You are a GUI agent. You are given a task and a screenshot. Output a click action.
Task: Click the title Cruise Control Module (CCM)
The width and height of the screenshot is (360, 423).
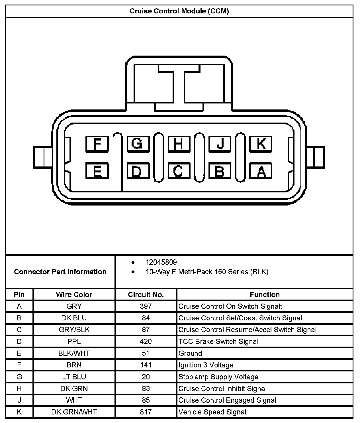tap(179, 11)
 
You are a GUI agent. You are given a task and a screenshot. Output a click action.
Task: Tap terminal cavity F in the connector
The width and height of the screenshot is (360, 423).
tap(97, 144)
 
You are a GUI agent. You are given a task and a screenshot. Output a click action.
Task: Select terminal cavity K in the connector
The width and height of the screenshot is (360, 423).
tap(261, 144)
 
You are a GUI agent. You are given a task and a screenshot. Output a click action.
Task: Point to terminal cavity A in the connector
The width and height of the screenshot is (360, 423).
tap(261, 171)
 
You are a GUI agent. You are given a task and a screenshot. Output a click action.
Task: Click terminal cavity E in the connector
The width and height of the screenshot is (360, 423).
tap(97, 171)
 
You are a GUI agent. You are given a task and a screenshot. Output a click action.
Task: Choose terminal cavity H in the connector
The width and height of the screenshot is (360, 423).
tap(179, 144)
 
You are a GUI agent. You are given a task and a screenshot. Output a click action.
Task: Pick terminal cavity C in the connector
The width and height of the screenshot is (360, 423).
tap(179, 171)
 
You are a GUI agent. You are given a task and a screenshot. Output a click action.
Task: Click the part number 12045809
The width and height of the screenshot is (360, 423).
tap(161, 262)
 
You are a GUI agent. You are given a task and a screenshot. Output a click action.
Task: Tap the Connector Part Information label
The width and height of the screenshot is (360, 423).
tap(60, 272)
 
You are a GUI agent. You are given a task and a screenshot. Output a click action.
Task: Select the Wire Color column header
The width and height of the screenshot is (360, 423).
tap(74, 294)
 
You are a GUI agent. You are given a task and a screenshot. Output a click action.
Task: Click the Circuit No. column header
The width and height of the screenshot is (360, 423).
tap(146, 294)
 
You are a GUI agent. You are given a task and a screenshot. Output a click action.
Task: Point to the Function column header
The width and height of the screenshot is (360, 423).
tap(265, 294)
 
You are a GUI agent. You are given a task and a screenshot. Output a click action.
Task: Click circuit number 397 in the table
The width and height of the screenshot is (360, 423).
tap(146, 306)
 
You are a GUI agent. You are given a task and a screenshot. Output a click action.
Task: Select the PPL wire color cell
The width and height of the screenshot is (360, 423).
tap(74, 341)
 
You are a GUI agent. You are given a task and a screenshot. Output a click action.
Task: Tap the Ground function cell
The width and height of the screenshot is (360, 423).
tap(190, 353)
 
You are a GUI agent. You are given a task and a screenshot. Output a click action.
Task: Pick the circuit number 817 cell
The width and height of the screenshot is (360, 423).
tap(146, 412)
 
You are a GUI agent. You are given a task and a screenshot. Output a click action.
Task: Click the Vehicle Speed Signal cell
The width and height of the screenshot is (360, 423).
tap(212, 412)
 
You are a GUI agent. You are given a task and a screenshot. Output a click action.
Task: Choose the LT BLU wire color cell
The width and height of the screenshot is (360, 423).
tap(74, 377)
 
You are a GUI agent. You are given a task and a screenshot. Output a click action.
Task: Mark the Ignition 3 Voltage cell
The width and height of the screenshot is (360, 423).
tap(206, 365)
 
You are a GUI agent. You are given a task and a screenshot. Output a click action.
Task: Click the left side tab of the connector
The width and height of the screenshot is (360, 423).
tap(42, 157)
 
